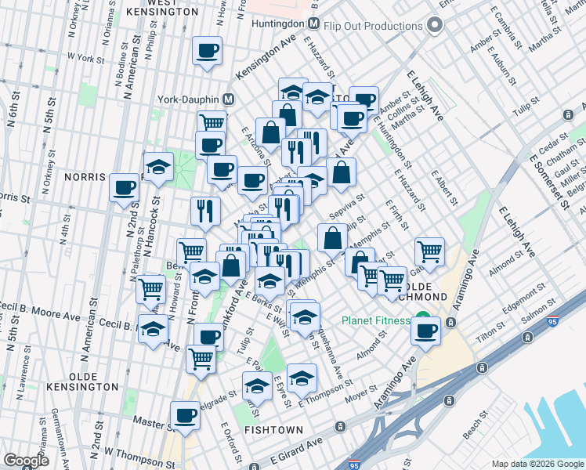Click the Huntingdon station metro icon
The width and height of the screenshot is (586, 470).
click(x=313, y=23)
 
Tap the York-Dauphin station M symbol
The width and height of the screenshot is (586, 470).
click(x=229, y=100)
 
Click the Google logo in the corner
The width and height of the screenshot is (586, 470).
click(x=27, y=460)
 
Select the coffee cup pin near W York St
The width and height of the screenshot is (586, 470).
click(x=207, y=52)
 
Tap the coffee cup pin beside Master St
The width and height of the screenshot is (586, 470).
click(x=186, y=415)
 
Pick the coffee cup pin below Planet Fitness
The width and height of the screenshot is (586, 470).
click(x=426, y=331)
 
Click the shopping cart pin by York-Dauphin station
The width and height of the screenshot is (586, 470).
click(x=212, y=123)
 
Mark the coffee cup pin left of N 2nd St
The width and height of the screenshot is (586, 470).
click(x=124, y=189)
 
